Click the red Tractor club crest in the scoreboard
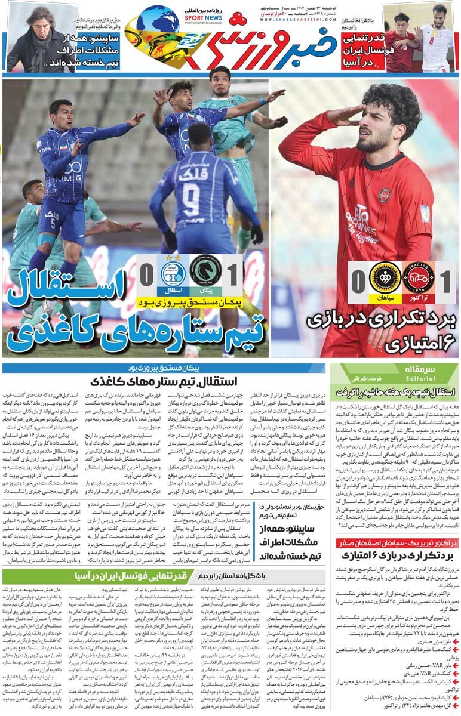(419, 277)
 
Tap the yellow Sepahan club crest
(385, 277)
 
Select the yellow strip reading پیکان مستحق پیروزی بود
(191, 303)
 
